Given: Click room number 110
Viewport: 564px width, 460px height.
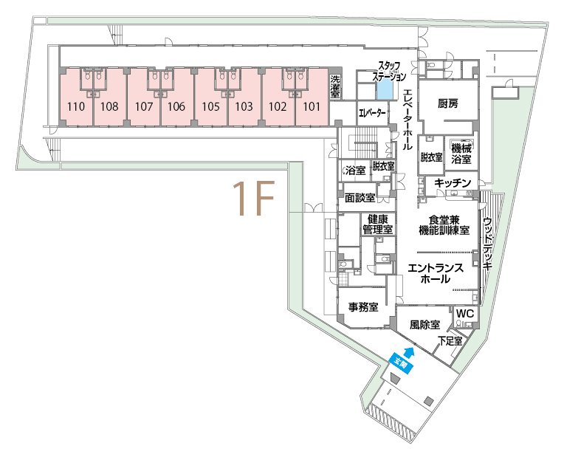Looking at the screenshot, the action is pyautogui.click(x=76, y=106).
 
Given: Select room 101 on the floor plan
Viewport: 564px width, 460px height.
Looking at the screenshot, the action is pyautogui.click(x=312, y=106).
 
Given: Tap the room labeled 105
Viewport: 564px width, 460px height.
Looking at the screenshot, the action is pyautogui.click(x=211, y=106).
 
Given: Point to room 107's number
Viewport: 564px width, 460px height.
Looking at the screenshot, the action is pyautogui.click(x=144, y=106).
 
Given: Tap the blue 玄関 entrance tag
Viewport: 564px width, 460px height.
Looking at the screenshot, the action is pyautogui.click(x=401, y=365).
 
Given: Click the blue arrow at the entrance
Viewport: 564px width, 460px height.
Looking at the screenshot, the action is pyautogui.click(x=409, y=352).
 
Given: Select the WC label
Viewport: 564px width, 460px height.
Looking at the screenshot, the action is pyautogui.click(x=465, y=313).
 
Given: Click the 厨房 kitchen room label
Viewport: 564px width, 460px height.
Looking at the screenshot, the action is pyautogui.click(x=448, y=103).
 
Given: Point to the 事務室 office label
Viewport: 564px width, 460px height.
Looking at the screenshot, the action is pyautogui.click(x=363, y=307).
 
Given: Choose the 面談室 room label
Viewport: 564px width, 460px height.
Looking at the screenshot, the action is pyautogui.click(x=360, y=197).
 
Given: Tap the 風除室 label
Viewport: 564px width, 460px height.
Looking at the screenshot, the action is pyautogui.click(x=424, y=325).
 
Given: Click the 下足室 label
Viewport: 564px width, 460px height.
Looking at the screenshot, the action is pyautogui.click(x=450, y=341).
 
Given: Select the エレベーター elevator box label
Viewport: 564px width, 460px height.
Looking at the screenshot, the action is pyautogui.click(x=372, y=114).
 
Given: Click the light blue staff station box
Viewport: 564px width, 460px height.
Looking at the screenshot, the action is pyautogui.click(x=385, y=89).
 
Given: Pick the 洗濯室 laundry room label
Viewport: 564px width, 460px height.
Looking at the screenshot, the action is pyautogui.click(x=335, y=86).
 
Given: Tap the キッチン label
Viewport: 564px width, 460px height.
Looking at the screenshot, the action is pyautogui.click(x=453, y=183).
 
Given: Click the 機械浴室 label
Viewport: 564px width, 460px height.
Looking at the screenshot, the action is pyautogui.click(x=461, y=154).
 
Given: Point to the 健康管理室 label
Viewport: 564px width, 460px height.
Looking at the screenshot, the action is pyautogui.click(x=378, y=224).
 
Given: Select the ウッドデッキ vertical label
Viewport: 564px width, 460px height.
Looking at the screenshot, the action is pyautogui.click(x=488, y=244).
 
